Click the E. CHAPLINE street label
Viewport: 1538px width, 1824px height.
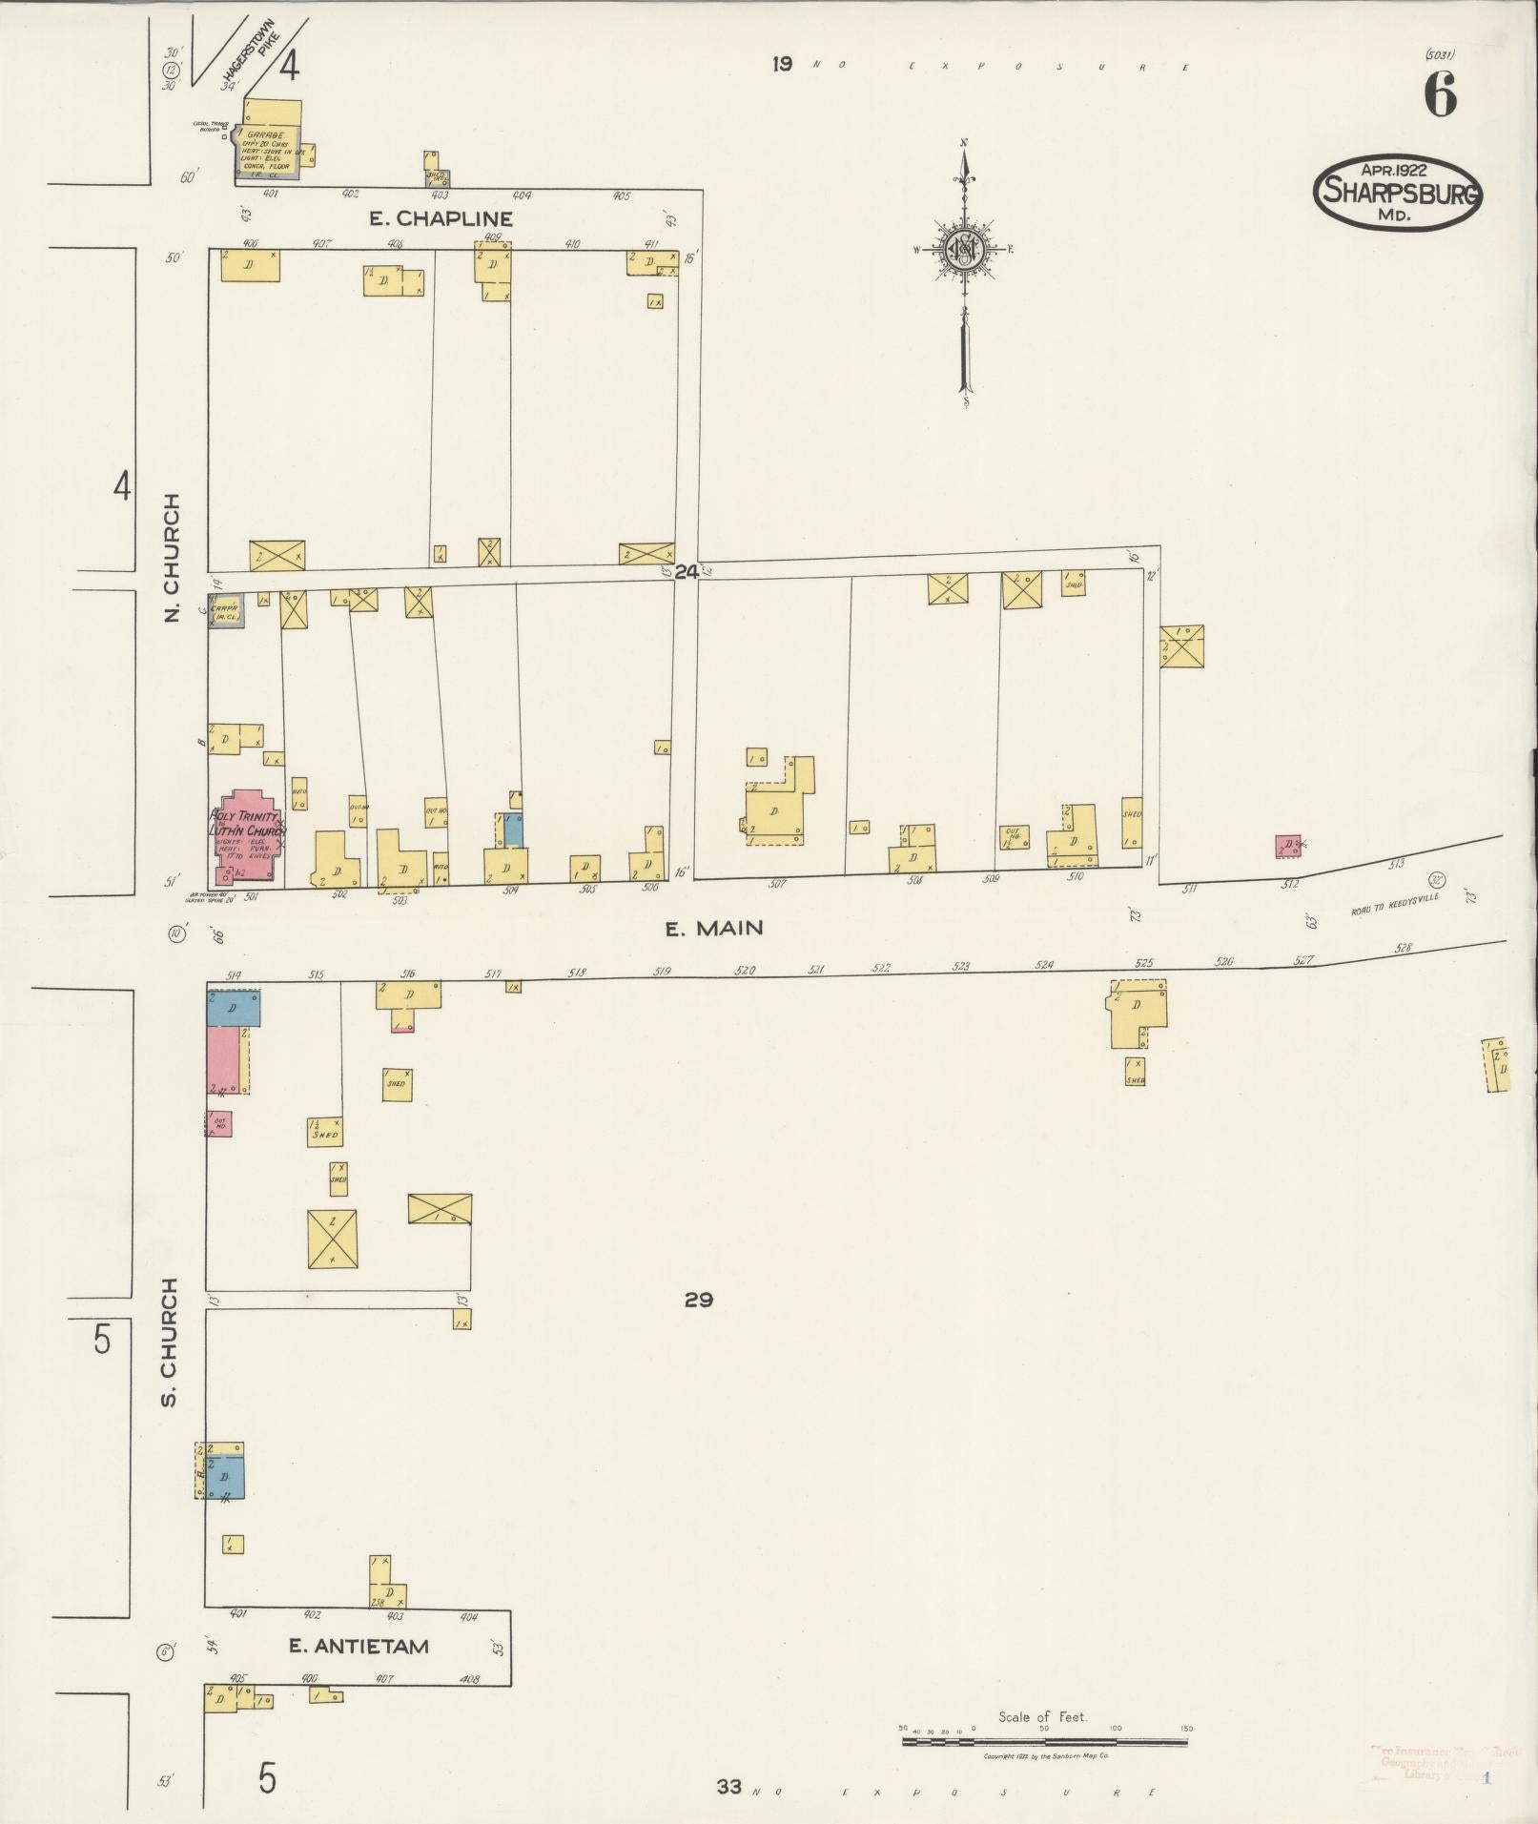point(441,218)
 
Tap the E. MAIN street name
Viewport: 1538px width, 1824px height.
point(714,928)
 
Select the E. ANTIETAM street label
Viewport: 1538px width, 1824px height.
point(359,1647)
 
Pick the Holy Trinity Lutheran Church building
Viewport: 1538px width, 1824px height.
point(246,836)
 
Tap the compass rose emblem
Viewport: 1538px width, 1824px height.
point(964,249)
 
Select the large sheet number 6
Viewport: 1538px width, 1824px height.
point(1440,95)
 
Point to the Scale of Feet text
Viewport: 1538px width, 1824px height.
point(1042,1716)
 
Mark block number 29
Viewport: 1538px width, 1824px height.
point(699,1299)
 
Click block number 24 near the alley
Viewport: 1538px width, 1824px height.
point(687,572)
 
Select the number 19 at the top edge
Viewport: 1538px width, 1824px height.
point(782,65)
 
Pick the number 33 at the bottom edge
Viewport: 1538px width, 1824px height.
point(729,1786)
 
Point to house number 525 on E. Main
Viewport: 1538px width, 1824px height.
point(1144,963)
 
